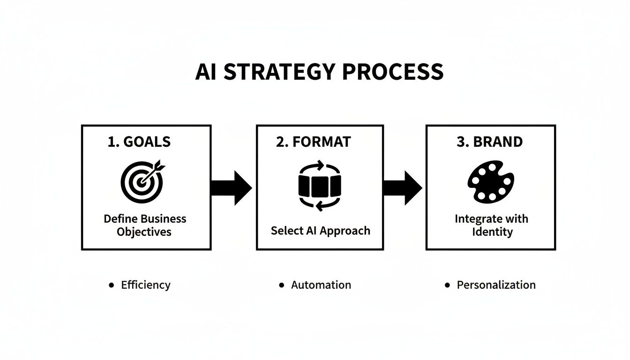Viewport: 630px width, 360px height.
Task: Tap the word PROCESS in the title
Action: coord(392,72)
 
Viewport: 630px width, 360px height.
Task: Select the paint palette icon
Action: coord(490,181)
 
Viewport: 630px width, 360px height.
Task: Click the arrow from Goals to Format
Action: coord(232,187)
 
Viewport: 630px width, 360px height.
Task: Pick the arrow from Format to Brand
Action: coord(403,187)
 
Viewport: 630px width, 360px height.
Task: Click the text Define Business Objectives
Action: coord(145,225)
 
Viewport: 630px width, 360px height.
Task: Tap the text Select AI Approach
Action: coord(320,231)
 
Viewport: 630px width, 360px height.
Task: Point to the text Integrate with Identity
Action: coord(491,225)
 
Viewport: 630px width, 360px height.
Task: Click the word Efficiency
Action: coord(146,285)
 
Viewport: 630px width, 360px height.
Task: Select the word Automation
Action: coord(321,285)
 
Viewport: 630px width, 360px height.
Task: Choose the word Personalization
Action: coord(496,285)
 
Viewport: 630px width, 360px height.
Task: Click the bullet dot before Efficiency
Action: coord(111,285)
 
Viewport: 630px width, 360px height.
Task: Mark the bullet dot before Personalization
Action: coord(447,285)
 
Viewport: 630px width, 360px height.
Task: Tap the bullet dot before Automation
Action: coord(281,285)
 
